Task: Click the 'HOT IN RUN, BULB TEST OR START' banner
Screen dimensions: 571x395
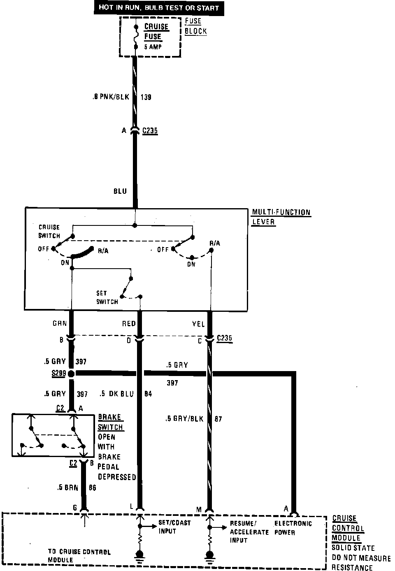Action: (158, 8)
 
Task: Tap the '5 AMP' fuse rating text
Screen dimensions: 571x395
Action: (153, 47)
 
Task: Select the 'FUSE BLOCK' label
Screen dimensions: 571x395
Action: (195, 26)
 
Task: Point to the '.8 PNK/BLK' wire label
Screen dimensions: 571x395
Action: (111, 97)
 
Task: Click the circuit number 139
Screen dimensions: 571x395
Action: (146, 97)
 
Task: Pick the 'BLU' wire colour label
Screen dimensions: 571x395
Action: (120, 191)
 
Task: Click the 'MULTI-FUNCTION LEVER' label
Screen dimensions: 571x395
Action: (281, 217)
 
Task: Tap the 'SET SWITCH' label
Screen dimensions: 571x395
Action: (107, 297)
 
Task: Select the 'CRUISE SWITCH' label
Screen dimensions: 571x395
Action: (49, 231)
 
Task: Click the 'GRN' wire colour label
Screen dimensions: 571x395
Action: (60, 324)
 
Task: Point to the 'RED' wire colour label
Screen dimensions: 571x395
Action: (129, 324)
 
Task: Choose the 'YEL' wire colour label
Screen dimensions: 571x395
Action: (198, 324)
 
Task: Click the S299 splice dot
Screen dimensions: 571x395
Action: (71, 374)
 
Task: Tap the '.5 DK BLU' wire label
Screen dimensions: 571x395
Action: (116, 394)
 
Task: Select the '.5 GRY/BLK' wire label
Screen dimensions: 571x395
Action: (184, 419)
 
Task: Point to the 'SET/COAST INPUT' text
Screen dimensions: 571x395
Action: (174, 527)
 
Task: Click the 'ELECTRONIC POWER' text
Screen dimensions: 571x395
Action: (293, 528)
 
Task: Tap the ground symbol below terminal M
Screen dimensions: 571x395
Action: (209, 557)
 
